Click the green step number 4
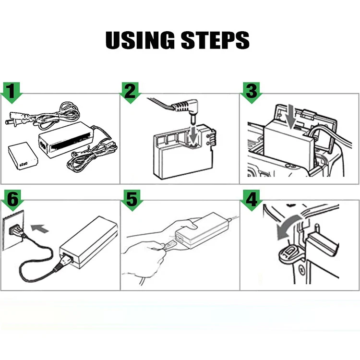click(251, 199)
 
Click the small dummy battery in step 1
click(23, 156)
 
